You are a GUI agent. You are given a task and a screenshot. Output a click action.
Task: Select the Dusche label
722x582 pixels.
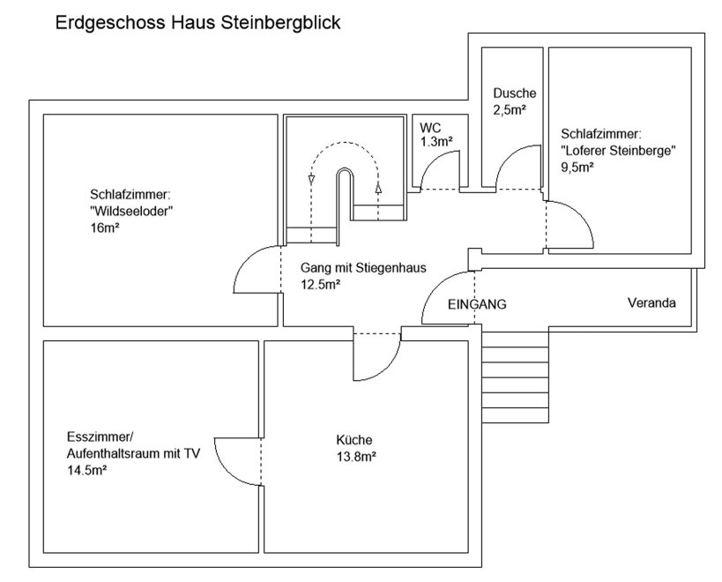(x=514, y=93)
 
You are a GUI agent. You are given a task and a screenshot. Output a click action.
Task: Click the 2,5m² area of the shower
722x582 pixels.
(x=510, y=109)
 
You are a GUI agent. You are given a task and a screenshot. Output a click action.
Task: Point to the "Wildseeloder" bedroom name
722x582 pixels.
(x=130, y=211)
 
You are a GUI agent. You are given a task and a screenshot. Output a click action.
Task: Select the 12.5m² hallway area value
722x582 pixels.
(x=321, y=284)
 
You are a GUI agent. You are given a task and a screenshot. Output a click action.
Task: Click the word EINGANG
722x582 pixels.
(x=477, y=304)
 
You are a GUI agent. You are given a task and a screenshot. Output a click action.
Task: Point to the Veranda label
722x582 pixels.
(x=651, y=303)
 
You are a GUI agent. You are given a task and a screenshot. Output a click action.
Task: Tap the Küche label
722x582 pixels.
(x=354, y=440)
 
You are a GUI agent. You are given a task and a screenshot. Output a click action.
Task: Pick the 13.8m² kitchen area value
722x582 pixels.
(x=357, y=456)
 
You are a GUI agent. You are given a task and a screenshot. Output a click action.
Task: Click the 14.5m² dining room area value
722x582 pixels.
(x=87, y=470)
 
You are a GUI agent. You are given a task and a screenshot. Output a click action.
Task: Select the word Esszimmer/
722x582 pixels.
(x=99, y=438)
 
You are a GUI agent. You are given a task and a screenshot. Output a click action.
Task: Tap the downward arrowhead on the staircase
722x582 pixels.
(x=311, y=180)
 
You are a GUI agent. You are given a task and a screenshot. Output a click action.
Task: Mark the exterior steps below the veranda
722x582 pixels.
(x=516, y=374)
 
